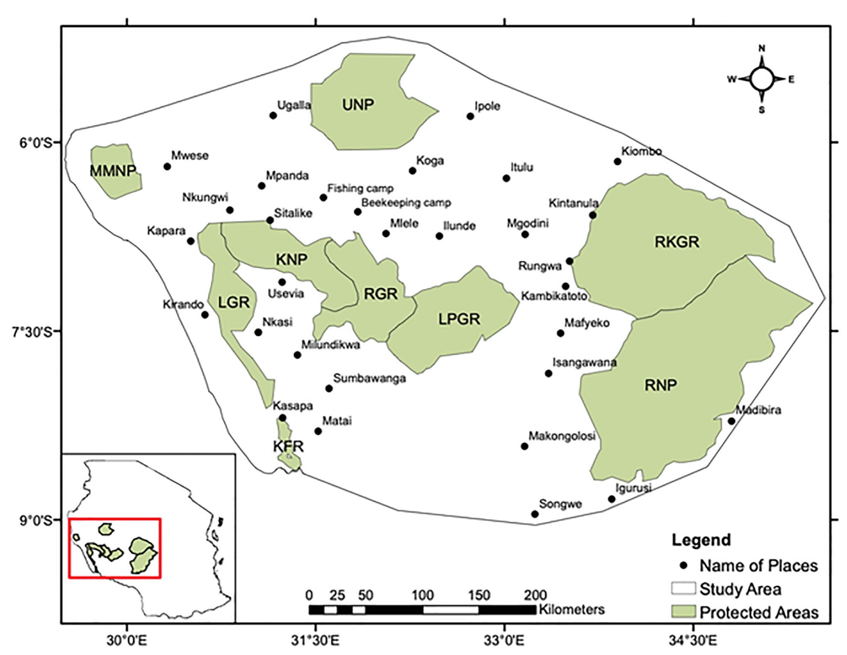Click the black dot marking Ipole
[x=470, y=116]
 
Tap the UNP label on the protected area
[x=358, y=104]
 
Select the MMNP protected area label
[x=113, y=171]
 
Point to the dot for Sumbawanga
[x=329, y=388]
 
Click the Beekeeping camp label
[x=406, y=202]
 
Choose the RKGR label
[x=677, y=242]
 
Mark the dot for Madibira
[x=731, y=421]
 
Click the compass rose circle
[x=761, y=79]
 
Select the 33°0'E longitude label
[x=505, y=641]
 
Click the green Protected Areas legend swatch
[x=683, y=612]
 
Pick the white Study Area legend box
[x=683, y=588]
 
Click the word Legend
[x=701, y=540]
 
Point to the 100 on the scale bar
[x=423, y=595]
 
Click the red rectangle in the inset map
[x=114, y=519]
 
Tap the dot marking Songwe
[x=535, y=514]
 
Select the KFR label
[x=288, y=447]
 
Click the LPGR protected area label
[x=459, y=319]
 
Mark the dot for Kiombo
[x=617, y=162]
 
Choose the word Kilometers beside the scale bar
[x=572, y=609]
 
